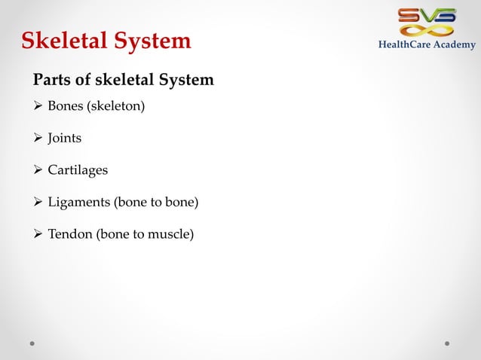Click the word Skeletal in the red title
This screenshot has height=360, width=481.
coord(67,41)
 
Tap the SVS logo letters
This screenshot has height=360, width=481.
coord(427,15)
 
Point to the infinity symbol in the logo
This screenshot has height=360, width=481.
coord(427,31)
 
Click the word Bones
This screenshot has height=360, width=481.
coord(66,106)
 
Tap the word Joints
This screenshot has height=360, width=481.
coord(65,139)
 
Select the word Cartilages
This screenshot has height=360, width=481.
coord(78,170)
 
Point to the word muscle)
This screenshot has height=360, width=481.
coord(171,235)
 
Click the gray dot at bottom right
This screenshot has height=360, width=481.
coord(447,343)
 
